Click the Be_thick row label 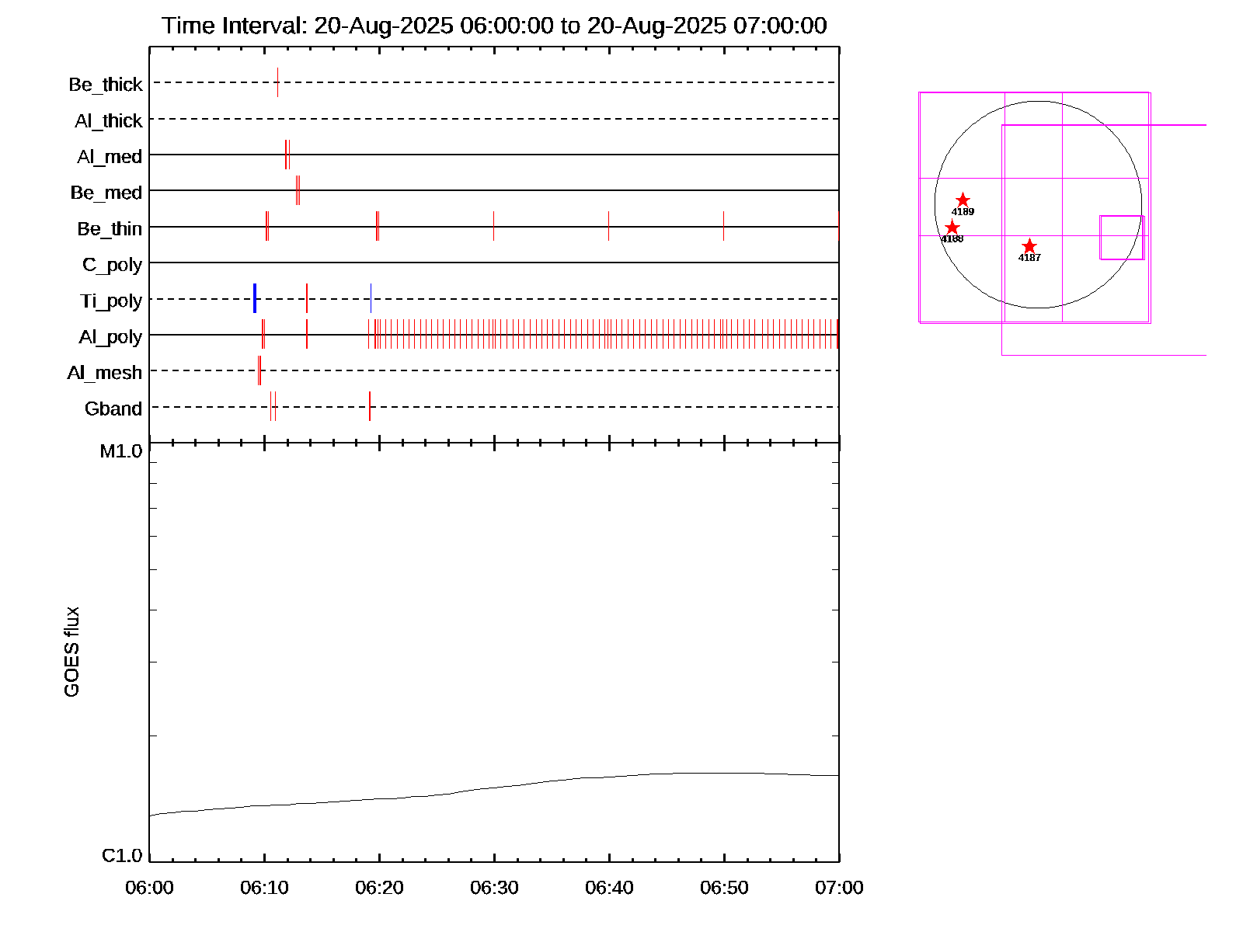[x=106, y=84]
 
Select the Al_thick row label [x=109, y=120]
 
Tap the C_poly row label [x=112, y=265]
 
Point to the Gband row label [x=113, y=409]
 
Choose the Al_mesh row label [x=105, y=373]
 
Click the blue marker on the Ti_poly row [x=255, y=299]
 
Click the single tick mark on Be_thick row [x=277, y=82]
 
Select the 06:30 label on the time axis [x=494, y=888]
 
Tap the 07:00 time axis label [x=839, y=888]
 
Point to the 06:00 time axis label [x=149, y=888]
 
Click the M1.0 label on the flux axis [x=121, y=451]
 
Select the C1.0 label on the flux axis [x=122, y=856]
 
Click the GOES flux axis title [x=71, y=652]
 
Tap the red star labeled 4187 [x=1029, y=246]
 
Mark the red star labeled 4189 [x=963, y=200]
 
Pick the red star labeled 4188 [x=952, y=228]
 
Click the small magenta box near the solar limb [x=1122, y=238]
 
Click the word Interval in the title [x=264, y=26]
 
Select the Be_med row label [x=106, y=193]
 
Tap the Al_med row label [x=110, y=157]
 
